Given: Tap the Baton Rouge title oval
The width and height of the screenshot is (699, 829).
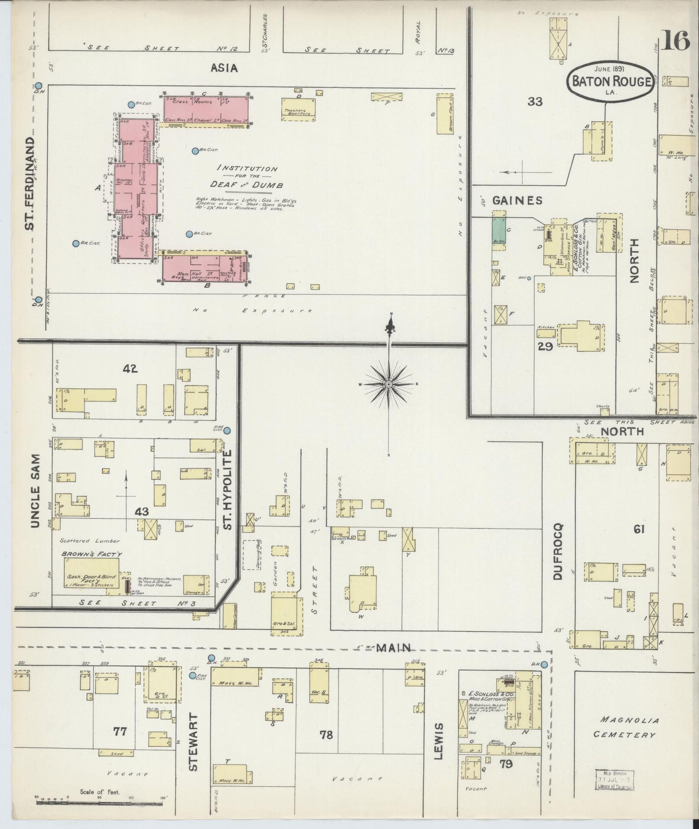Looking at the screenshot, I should coord(610,81).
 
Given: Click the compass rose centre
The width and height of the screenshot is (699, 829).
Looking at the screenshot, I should coord(388,384).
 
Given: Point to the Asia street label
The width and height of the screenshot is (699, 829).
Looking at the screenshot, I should coord(224,68).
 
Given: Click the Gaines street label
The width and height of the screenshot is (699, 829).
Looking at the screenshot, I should coord(517,200).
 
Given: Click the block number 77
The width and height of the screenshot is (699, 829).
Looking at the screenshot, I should coord(119,731).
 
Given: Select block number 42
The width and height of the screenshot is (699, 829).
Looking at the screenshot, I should coord(130,369).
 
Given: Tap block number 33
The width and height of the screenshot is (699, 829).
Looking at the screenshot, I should coord(535,102).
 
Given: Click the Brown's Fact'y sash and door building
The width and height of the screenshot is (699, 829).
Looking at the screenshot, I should coord(92,574).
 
